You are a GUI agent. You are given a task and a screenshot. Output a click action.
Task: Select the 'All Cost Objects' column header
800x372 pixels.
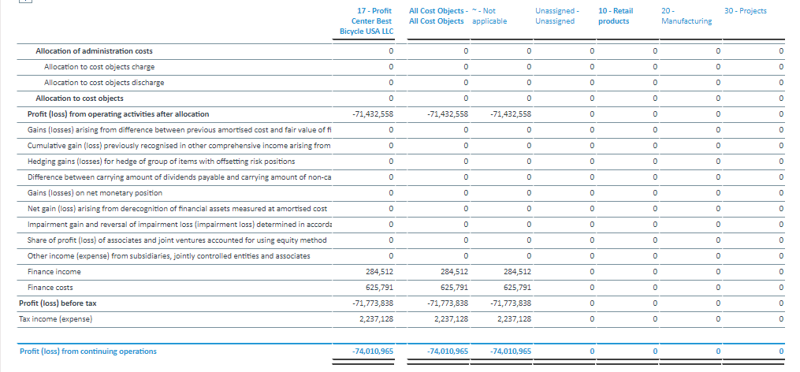coord(437,16)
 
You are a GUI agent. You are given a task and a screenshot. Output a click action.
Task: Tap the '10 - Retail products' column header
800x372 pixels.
coord(614,16)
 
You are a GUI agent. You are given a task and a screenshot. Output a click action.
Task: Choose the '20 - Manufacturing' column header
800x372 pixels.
coord(687,16)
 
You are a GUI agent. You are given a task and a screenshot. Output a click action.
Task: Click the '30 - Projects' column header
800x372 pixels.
coord(745,11)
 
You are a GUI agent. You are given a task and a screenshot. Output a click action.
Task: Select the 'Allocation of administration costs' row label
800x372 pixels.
coord(94,51)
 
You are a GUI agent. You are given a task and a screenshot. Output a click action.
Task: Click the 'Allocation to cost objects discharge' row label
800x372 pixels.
coord(104,83)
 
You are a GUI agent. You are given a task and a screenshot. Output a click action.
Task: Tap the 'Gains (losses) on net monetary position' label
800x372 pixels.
coord(95,193)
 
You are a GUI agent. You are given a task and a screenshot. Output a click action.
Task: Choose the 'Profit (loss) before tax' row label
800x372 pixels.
coord(58,303)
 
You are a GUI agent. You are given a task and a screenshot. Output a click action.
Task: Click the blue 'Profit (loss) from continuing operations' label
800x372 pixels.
coord(87,352)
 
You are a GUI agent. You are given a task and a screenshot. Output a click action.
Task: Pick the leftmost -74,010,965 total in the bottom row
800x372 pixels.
coord(373,352)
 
